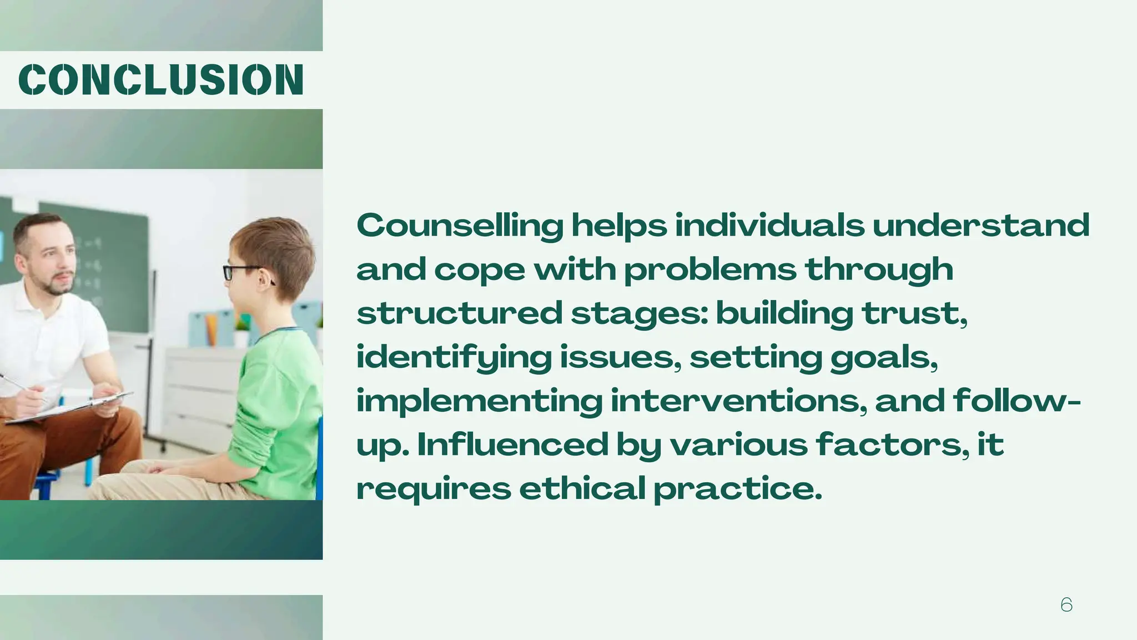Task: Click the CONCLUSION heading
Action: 161,79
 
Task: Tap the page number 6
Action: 1066,604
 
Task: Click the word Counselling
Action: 460,226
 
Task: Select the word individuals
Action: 769,226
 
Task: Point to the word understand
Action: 981,226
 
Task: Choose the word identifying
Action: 454,358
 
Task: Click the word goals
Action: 884,358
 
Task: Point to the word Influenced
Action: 512,444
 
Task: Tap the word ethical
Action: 582,488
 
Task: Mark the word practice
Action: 737,489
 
